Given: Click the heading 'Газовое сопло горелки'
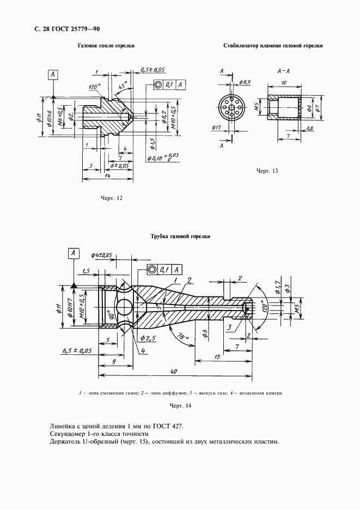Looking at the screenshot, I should [106, 46].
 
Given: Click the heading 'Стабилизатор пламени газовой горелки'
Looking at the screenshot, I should [273, 46].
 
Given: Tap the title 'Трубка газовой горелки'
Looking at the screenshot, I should [180, 236].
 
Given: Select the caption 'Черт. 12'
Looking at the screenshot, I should [111, 198].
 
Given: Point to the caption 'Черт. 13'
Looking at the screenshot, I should [267, 171].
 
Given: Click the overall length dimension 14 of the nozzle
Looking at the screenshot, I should [108, 176].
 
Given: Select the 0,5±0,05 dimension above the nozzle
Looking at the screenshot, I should [152, 70].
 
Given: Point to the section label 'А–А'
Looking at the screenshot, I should [283, 71].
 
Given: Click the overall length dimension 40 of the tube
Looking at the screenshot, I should [173, 371].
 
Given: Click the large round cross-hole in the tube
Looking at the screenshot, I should [123, 308].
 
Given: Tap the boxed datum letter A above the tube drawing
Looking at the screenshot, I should [72, 252].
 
